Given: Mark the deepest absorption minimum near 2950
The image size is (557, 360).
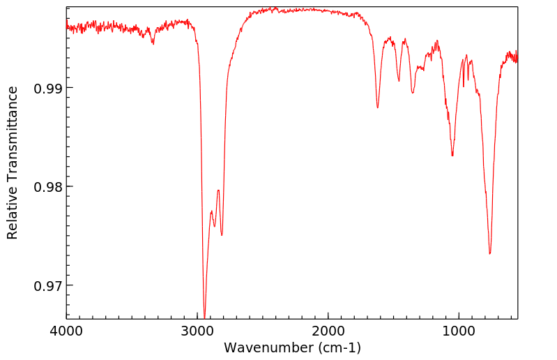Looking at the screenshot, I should [204, 315].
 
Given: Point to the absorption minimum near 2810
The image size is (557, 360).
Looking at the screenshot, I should [222, 235].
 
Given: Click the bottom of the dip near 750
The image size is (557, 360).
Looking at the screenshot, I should [490, 253].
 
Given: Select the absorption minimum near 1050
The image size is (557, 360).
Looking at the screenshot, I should [452, 156].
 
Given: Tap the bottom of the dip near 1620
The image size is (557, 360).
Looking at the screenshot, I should [377, 107].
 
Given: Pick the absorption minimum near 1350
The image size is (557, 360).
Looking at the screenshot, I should [413, 93].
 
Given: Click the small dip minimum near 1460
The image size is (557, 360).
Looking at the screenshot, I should [399, 81].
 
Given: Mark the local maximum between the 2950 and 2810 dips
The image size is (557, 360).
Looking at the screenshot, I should [218, 190].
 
